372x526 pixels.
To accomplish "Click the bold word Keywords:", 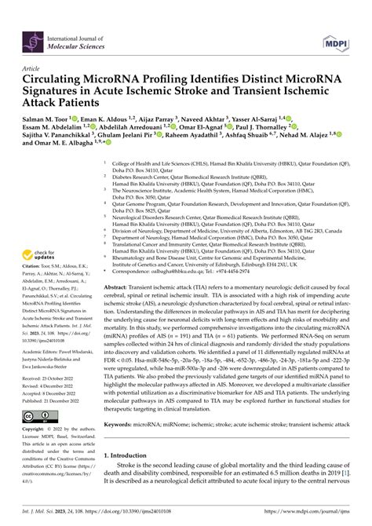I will (123, 422).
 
